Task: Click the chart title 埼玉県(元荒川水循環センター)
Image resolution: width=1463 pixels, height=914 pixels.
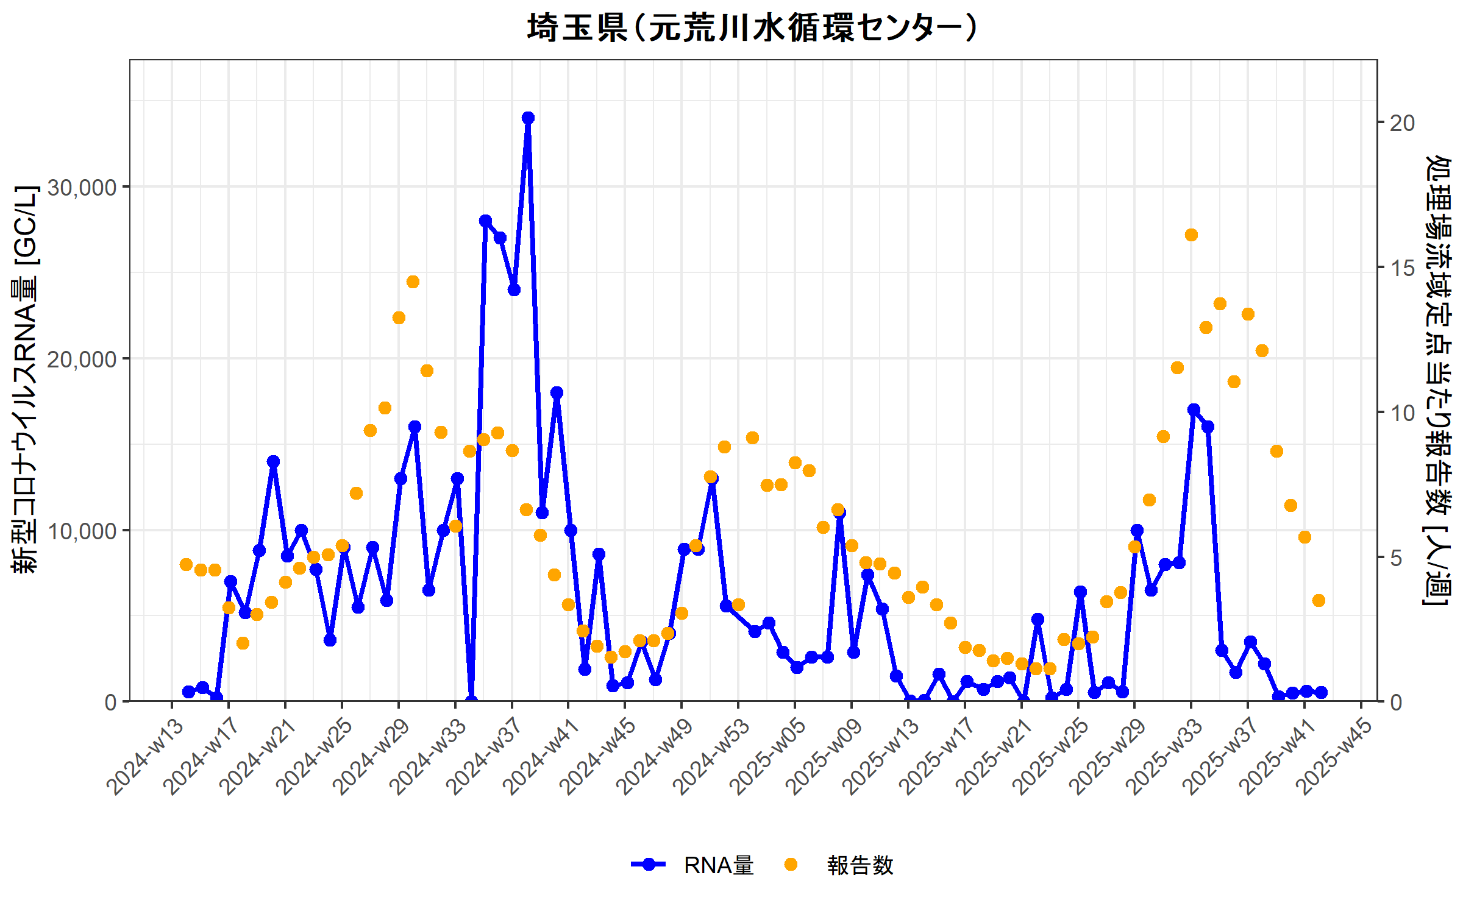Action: (x=753, y=28)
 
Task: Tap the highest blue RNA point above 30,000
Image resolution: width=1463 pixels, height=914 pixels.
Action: (x=528, y=118)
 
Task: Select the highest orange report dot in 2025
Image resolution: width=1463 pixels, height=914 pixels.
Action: (x=1191, y=235)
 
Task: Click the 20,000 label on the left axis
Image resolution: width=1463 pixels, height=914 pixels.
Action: (x=82, y=360)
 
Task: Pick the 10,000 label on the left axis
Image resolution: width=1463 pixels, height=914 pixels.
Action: (x=82, y=531)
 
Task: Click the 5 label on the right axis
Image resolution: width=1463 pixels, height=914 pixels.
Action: (x=1397, y=558)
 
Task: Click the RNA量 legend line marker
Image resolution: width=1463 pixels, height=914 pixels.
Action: (x=649, y=864)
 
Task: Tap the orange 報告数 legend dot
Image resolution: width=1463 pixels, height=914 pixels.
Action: (x=791, y=864)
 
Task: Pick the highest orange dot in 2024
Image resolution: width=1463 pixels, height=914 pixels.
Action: (x=413, y=282)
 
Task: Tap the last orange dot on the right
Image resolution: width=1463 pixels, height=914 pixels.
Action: (x=1319, y=600)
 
